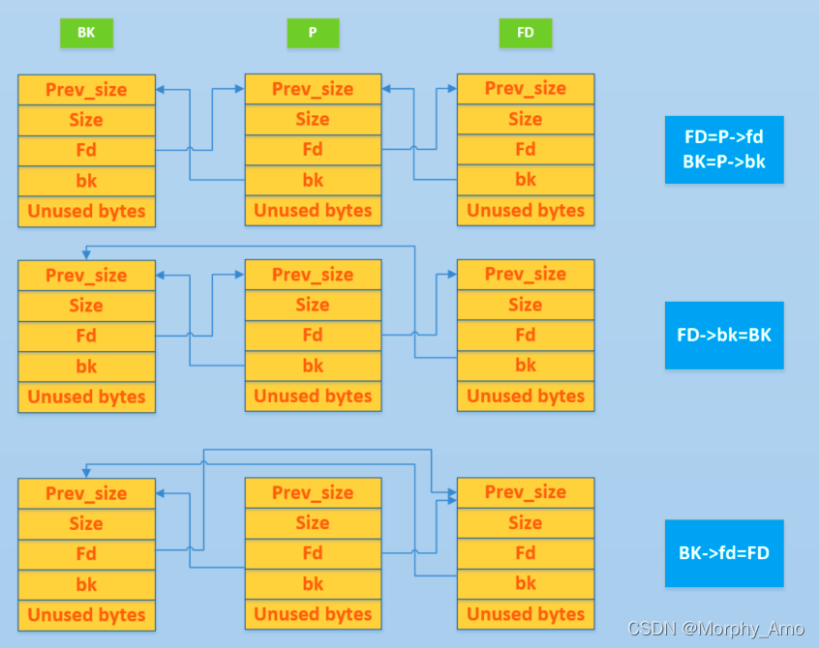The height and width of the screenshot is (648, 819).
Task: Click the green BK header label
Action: tap(86, 33)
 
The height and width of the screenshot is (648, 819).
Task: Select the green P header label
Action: tap(313, 33)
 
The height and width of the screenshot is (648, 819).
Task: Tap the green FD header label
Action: tap(526, 33)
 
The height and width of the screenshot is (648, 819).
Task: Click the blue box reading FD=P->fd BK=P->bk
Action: tap(723, 150)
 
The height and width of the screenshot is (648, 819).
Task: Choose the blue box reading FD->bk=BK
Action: tap(723, 336)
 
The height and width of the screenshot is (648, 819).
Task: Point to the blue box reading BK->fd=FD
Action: tap(723, 553)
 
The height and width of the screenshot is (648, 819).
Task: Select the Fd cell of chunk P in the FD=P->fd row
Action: tap(313, 150)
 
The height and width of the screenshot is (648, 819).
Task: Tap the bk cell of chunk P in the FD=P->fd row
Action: tap(313, 180)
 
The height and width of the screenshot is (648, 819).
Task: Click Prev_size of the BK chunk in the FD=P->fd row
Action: tap(86, 90)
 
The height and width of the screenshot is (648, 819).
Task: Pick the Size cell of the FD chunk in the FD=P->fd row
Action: tap(526, 120)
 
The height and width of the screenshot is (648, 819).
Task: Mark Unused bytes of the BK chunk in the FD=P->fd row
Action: tap(86, 211)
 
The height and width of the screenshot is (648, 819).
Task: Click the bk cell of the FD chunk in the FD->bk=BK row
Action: tap(526, 366)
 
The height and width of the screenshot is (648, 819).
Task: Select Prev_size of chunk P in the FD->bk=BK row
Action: tap(313, 276)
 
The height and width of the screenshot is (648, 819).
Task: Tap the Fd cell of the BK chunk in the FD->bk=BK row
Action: tap(86, 336)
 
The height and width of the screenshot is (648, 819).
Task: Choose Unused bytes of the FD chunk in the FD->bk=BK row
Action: tap(526, 397)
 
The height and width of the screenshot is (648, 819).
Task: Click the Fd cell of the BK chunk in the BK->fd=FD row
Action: tap(86, 554)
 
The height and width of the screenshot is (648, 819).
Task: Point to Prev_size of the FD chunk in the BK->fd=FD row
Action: tap(526, 493)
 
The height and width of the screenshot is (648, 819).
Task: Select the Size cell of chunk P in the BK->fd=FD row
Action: tap(313, 523)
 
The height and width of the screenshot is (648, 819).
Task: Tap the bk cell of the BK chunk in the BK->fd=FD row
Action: tap(86, 584)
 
